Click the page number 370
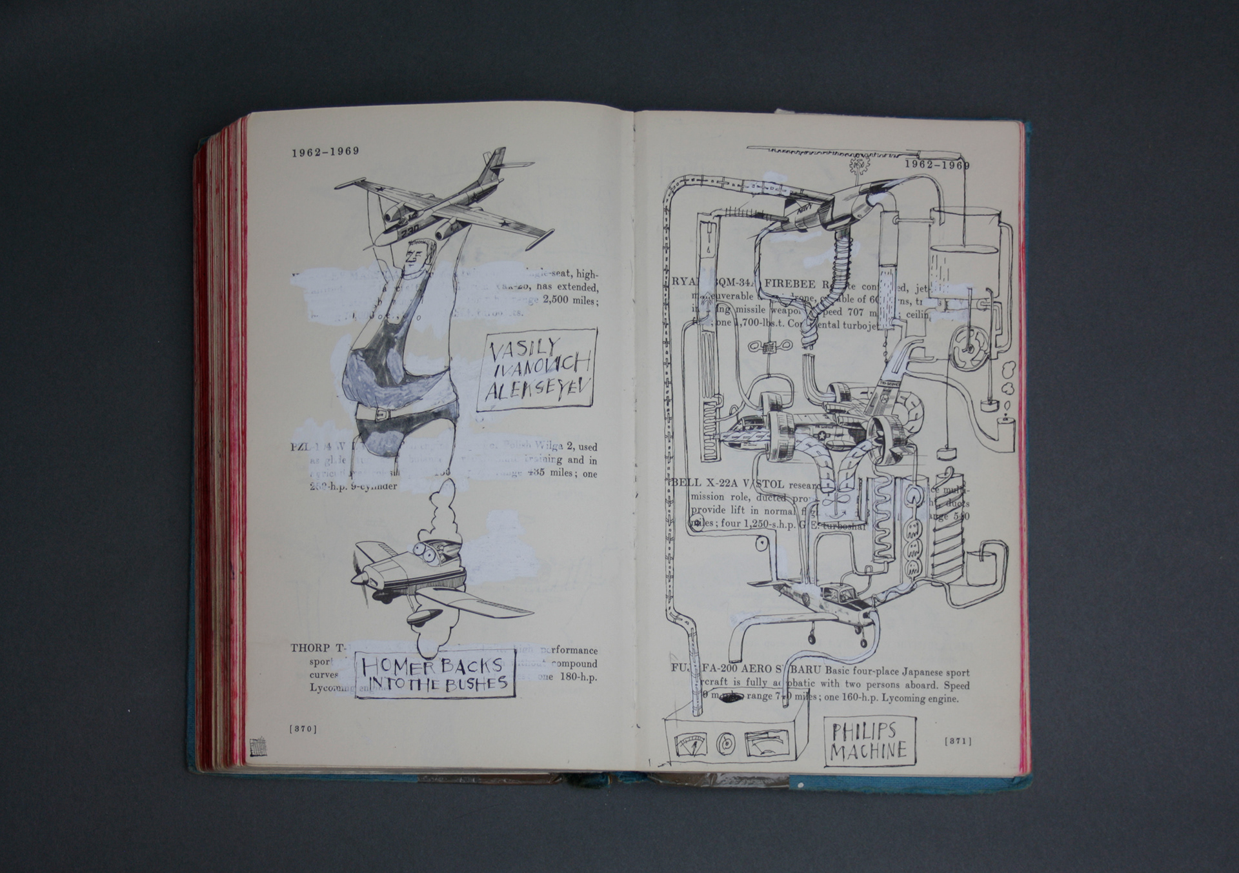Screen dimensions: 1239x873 pos(303,729)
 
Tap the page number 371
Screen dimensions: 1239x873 pos(958,741)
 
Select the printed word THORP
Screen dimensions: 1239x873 pos(310,648)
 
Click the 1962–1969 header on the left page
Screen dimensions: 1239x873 pos(325,152)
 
